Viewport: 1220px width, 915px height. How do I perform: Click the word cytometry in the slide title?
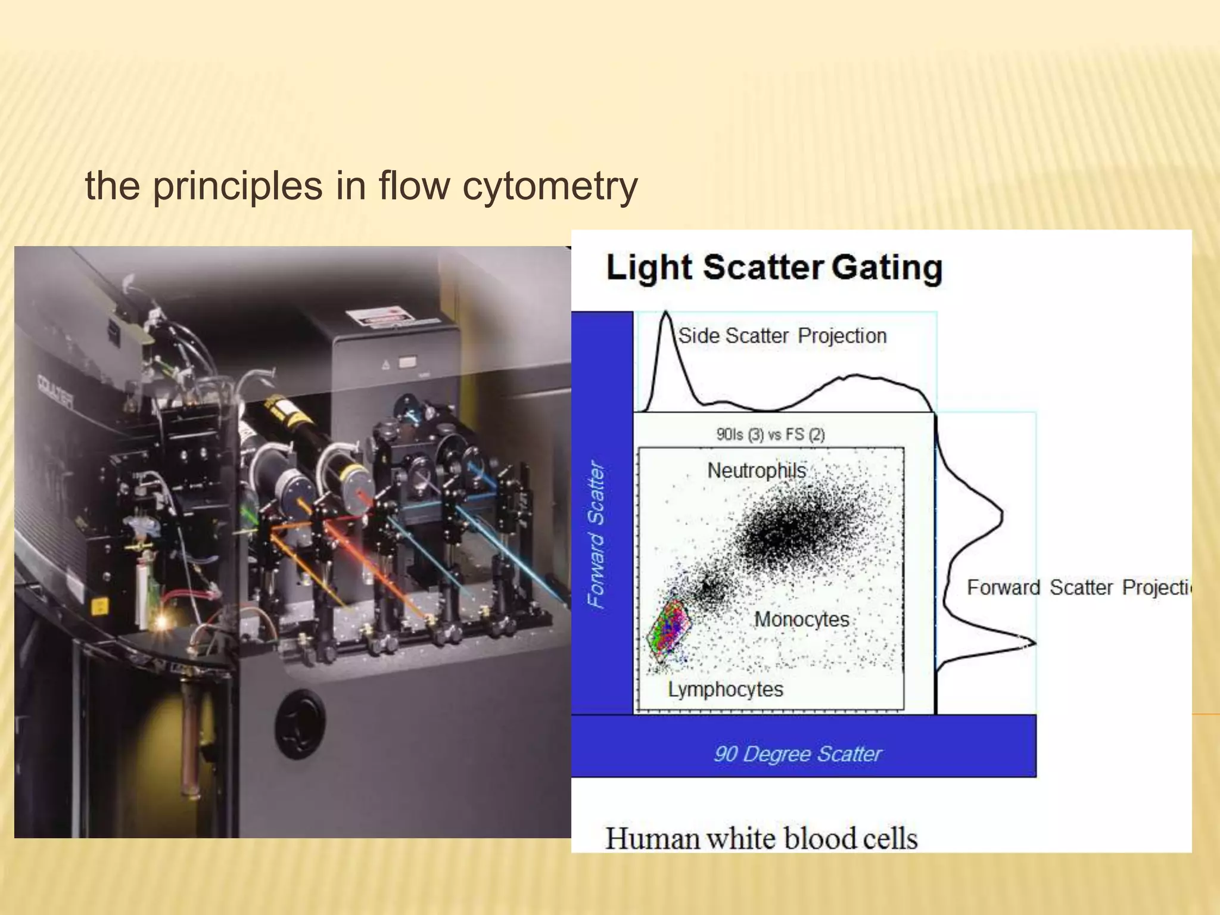[x=549, y=186]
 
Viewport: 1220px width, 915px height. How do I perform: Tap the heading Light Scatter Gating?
[x=774, y=267]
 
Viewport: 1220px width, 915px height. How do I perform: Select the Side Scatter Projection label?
[x=782, y=336]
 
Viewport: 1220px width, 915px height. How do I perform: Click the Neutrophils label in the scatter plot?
[x=756, y=471]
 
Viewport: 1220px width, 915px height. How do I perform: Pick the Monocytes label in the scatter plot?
[x=801, y=620]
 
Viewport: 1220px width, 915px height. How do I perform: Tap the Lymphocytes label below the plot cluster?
[x=725, y=689]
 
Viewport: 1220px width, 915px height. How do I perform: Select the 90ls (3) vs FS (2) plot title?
[x=770, y=434]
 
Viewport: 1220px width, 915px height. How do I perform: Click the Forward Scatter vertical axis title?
[x=596, y=534]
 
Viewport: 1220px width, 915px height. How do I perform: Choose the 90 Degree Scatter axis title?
[x=797, y=754]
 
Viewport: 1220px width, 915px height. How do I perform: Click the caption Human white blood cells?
[x=761, y=838]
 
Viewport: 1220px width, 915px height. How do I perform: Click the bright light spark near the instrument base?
[x=161, y=623]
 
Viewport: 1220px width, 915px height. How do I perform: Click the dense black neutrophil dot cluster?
[x=792, y=530]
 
